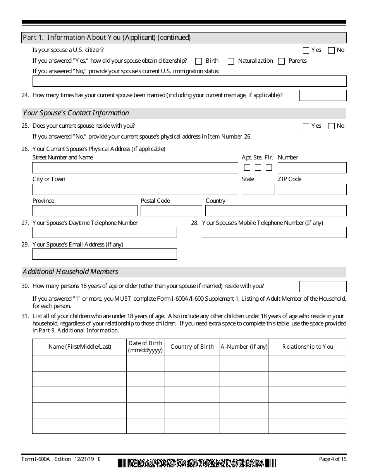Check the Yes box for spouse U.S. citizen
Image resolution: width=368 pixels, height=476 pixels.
pos(306,50)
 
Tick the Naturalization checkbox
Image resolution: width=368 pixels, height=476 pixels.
pos(231,61)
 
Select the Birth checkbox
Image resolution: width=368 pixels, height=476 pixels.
pos(199,61)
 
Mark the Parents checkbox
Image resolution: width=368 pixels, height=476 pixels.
pos(282,61)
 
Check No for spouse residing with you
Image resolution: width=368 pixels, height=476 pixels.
pos(331,126)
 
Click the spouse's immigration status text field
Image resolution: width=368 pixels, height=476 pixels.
pos(189,81)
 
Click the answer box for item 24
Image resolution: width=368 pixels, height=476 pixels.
pos(323,96)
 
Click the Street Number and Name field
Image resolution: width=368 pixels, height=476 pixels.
pos(135,168)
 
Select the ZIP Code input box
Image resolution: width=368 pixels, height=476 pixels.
pos(312,189)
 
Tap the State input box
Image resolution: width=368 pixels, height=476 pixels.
pos(258,189)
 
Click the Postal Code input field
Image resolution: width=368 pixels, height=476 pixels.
pos(171,211)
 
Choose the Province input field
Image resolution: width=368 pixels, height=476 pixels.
pos(85,211)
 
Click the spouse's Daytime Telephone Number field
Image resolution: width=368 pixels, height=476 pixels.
pos(105,233)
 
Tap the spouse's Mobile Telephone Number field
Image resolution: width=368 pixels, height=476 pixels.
pos(274,233)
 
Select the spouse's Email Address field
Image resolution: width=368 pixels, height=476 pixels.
pos(105,254)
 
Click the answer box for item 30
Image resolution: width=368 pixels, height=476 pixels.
pos(323,286)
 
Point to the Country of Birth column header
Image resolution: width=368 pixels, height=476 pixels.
pos(192,347)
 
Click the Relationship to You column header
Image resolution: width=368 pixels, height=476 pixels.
pos(307,347)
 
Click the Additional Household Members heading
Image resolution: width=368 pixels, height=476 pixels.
pos(71,272)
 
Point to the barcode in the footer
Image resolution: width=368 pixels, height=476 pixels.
pos(197,463)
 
